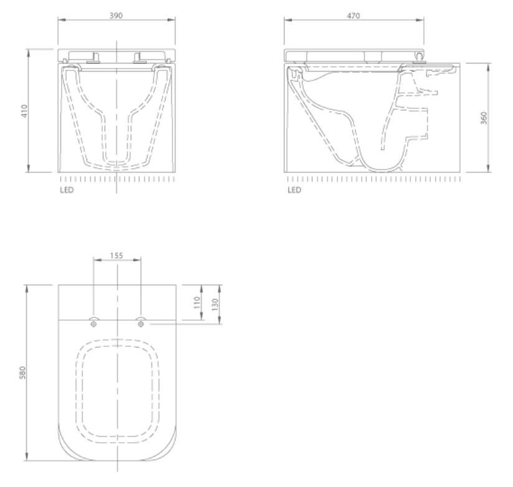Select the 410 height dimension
coord(24,111)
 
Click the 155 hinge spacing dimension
coord(117,254)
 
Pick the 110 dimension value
coord(196,303)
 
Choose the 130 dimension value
coord(215,305)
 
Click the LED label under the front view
coord(66,190)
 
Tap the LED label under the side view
coord(294,190)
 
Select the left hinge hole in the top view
coord(93,323)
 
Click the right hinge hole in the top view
coord(141,323)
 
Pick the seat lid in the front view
coord(116,52)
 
